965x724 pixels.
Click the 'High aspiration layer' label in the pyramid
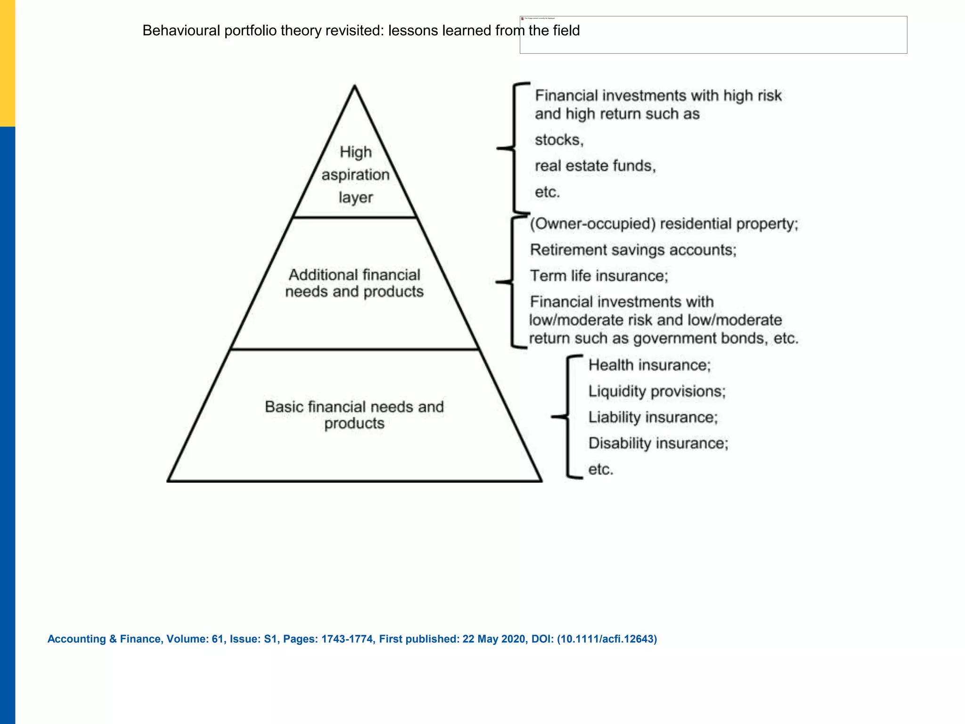(356, 175)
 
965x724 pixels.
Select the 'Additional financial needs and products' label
(354, 283)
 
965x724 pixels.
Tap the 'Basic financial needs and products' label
(354, 415)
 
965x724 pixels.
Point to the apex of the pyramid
(355, 86)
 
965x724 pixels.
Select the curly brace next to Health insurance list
(567, 417)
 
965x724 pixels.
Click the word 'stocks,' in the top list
(559, 140)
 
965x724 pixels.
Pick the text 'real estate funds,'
(595, 166)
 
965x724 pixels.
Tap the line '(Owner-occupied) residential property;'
(664, 224)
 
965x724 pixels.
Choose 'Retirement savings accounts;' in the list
(633, 250)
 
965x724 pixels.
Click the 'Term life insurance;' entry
(599, 276)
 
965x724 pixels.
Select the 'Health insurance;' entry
(649, 365)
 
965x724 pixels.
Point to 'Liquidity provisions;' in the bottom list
(657, 391)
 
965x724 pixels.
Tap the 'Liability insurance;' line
(653, 417)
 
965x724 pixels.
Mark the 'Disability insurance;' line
(658, 443)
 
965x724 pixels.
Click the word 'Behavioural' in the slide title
(181, 31)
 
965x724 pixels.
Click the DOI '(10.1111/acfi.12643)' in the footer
(607, 639)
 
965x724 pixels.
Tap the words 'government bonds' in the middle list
(699, 338)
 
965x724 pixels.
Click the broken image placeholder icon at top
(522, 18)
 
